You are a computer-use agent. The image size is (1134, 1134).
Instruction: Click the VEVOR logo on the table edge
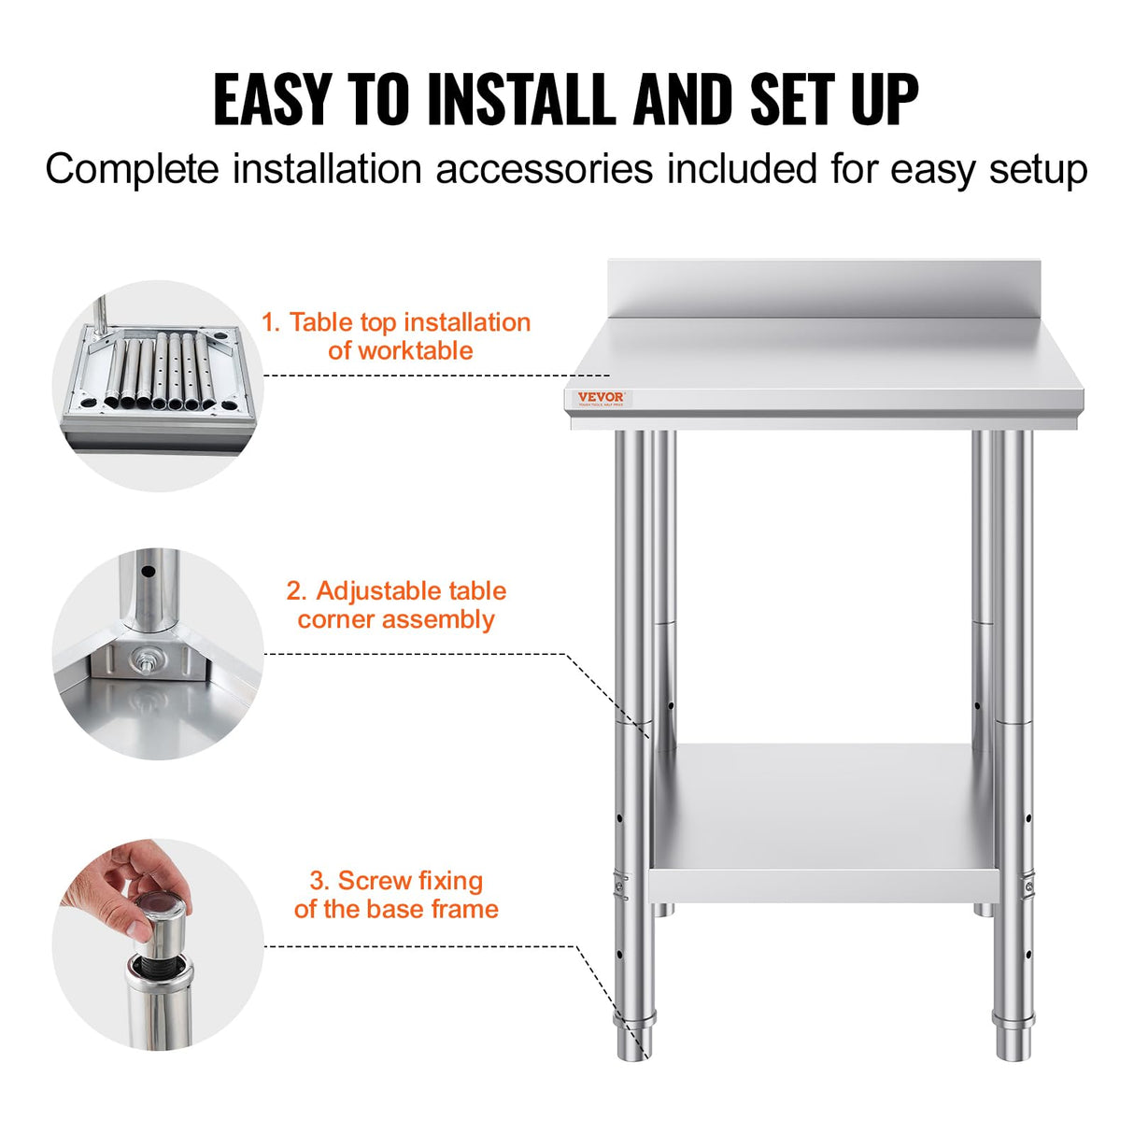tap(601, 398)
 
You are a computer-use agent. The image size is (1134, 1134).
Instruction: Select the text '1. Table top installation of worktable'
tap(397, 336)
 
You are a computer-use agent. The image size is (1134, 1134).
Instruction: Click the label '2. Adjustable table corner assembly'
tap(396, 605)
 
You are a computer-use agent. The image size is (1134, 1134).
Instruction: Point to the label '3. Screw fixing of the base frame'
tap(396, 895)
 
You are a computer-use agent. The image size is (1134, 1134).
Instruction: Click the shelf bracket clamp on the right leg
tap(1028, 883)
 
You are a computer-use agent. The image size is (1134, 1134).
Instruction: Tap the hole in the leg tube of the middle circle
tap(147, 570)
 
